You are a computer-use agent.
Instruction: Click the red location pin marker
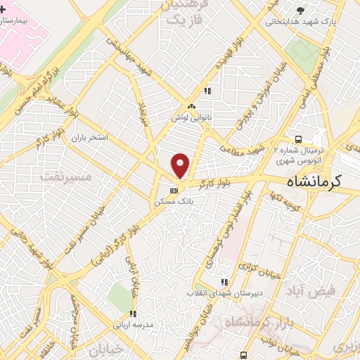point(181,166)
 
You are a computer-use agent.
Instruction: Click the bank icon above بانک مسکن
point(174,190)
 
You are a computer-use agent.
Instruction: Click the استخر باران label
point(89,137)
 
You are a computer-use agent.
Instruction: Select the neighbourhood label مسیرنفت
point(67,176)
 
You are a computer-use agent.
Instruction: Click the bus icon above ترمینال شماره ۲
point(299,139)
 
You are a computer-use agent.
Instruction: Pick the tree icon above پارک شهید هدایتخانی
point(301,10)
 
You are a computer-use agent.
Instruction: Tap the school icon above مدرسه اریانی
point(133,314)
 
